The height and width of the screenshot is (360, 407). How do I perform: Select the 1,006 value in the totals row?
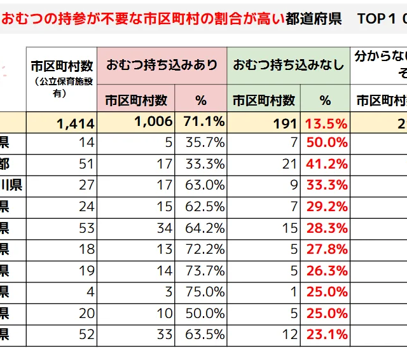coord(153,122)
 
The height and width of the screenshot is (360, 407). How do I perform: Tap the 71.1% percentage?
coord(203,121)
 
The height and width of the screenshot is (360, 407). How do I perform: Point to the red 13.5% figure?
coord(326,123)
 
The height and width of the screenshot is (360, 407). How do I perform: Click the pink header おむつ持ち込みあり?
coord(162,65)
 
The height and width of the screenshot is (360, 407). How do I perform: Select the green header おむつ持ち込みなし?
coord(288,65)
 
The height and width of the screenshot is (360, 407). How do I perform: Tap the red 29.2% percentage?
coord(327,206)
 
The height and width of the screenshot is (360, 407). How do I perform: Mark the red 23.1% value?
coord(327,335)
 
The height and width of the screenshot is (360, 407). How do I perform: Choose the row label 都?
coord(4,163)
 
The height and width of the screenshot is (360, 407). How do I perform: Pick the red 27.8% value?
coord(327,249)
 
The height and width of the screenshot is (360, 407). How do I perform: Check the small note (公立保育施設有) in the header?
coord(62,87)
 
